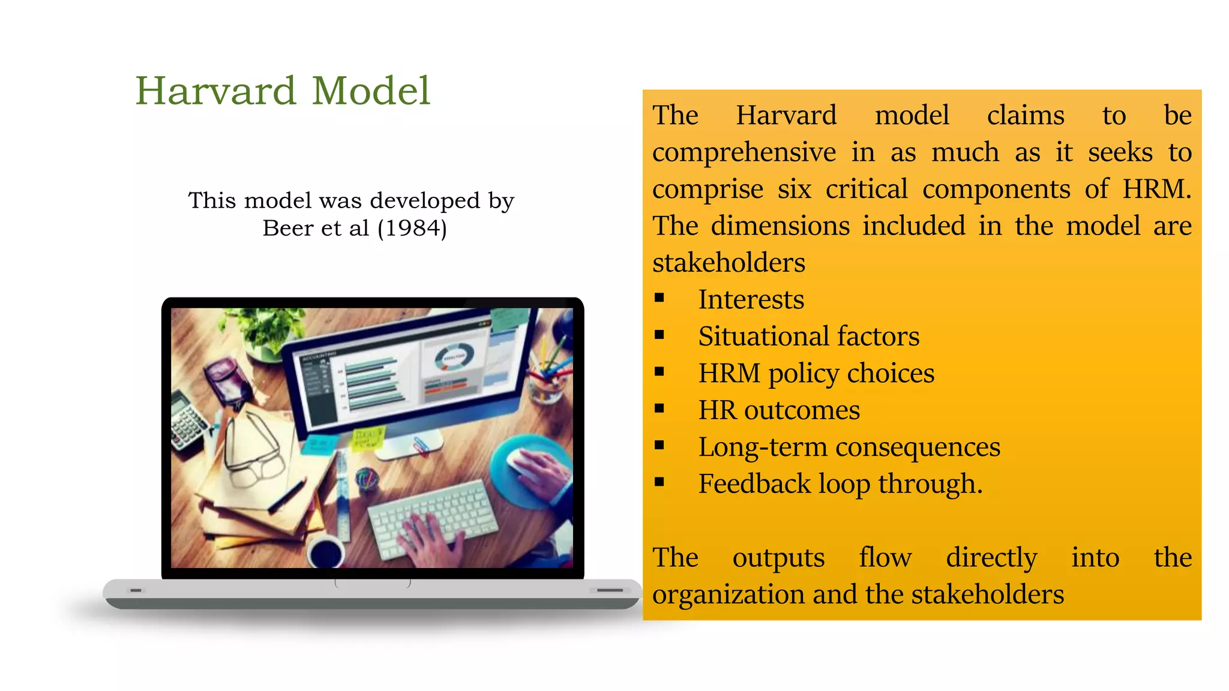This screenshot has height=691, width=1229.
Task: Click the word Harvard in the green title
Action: [x=215, y=91]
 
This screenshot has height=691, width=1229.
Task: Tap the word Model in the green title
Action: [x=371, y=91]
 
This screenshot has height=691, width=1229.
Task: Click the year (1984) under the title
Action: [x=412, y=229]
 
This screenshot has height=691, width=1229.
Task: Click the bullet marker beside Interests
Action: [x=660, y=298]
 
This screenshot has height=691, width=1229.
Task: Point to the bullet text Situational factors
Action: [x=808, y=337]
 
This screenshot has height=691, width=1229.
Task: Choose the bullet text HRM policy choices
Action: [x=816, y=373]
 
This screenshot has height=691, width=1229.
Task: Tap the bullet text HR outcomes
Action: [x=779, y=410]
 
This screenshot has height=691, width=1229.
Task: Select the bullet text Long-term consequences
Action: [x=849, y=447]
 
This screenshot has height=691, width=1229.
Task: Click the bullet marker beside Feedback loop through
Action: [x=660, y=482]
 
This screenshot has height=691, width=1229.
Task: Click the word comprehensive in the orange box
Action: [x=744, y=152]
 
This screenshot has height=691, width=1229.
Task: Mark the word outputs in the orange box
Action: [x=778, y=557]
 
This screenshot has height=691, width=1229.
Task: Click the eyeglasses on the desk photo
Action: [x=252, y=450]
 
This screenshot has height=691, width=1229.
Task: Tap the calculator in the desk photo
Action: [x=189, y=419]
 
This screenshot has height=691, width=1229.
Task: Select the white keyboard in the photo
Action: [x=432, y=516]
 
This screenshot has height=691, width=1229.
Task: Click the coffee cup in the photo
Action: [x=326, y=549]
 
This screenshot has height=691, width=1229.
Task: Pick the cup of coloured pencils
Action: [x=547, y=378]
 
